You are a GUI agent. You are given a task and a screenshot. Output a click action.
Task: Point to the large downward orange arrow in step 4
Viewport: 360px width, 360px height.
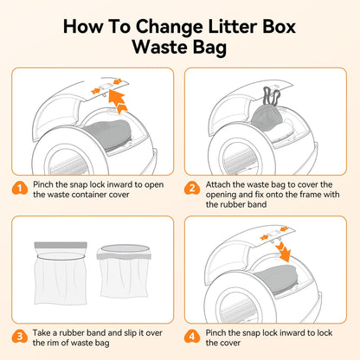point(281,251)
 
